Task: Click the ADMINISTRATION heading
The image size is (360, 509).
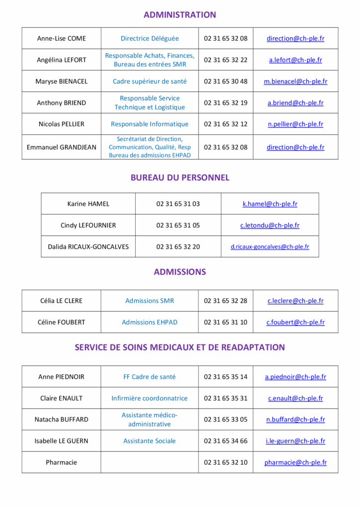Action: [x=180, y=15]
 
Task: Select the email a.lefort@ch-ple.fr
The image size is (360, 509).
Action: [x=295, y=60]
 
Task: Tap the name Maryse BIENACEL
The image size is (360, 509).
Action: [x=61, y=82]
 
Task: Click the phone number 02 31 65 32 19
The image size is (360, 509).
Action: [x=225, y=103]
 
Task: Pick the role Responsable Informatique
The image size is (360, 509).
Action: [x=150, y=124]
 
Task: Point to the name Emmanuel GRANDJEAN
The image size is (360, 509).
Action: [x=61, y=147]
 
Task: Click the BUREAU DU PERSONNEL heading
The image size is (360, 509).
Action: [x=180, y=177]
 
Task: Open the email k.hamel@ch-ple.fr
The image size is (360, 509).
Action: [x=270, y=204]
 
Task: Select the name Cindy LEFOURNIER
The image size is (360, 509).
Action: [x=88, y=225]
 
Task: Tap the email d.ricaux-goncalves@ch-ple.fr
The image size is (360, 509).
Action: [x=270, y=247]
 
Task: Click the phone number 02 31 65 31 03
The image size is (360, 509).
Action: [x=178, y=204]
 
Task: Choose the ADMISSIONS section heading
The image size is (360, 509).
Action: [x=180, y=272]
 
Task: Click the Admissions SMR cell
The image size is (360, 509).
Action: [x=150, y=301]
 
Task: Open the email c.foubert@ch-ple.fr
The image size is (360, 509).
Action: [x=295, y=322]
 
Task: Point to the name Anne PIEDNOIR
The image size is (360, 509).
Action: [x=61, y=377]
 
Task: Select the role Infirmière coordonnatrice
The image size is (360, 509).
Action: [x=150, y=398]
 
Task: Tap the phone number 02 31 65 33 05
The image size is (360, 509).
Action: [x=225, y=420]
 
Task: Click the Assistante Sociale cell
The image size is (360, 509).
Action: [x=150, y=441]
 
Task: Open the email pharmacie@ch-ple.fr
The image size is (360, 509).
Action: [x=295, y=462]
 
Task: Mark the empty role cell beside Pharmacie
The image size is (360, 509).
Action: [x=150, y=462]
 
